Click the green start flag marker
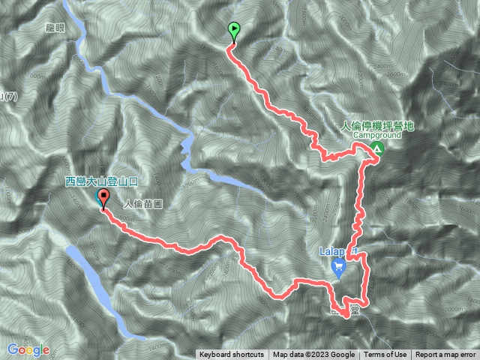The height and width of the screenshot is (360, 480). [234, 31]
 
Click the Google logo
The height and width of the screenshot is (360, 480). [28, 349]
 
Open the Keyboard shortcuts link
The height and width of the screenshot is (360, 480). [231, 355]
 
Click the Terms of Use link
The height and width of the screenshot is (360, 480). [385, 355]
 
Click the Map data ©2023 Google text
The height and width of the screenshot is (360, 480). [313, 355]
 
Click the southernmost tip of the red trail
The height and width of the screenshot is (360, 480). [346, 317]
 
